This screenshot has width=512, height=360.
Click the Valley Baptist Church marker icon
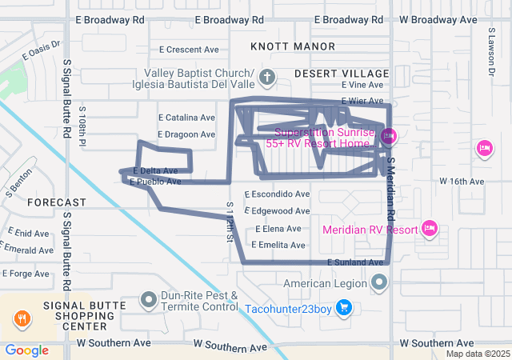pos(268,78)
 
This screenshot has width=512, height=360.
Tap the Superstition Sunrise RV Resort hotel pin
pos(388,136)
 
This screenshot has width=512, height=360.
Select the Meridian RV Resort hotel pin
pos(430,230)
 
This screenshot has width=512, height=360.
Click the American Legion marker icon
pos(379,282)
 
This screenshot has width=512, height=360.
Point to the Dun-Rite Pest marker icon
pos(149,300)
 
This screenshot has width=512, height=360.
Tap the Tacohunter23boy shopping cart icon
pos(344,307)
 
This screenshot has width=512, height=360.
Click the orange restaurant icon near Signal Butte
pos(22,318)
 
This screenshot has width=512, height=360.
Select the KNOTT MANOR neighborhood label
pos(281,47)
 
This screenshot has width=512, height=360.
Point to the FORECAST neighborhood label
pos(56,202)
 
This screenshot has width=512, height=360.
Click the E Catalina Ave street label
pos(186,117)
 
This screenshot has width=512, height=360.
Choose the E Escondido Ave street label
pos(277,194)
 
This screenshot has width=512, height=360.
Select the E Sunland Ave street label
pos(355,262)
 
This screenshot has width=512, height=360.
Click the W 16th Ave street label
pos(462,182)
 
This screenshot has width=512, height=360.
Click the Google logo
pos(26,350)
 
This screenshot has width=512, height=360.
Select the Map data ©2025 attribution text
pos(477,354)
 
